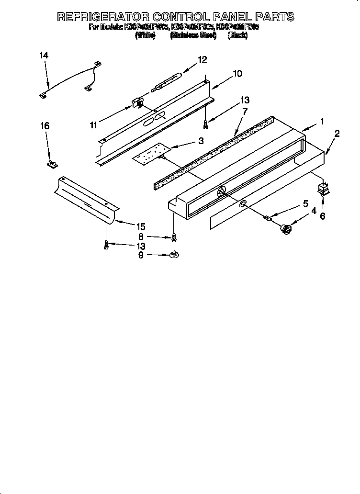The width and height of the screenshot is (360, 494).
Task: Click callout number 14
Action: [x=44, y=56]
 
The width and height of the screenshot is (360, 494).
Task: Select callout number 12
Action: [x=202, y=59]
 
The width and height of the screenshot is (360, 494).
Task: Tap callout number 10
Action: [x=237, y=74]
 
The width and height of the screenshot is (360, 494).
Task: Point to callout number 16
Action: [x=45, y=126]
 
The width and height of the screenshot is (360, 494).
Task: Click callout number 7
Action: [x=245, y=111]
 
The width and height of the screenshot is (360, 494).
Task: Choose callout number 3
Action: [x=201, y=141]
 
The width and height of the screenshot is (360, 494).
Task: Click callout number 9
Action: [x=140, y=255]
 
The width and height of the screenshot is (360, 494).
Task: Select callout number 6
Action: [x=322, y=216]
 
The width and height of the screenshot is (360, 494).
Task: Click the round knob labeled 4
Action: [x=286, y=230]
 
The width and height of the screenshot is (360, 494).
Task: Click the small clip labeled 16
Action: [x=51, y=164]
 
